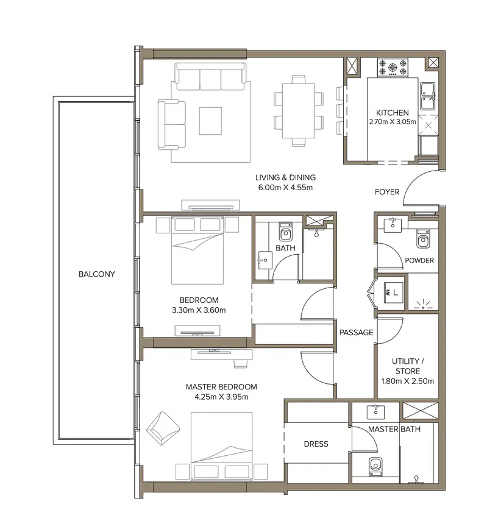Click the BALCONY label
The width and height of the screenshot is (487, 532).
[97, 274]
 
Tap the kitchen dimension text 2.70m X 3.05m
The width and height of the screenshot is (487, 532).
[393, 121]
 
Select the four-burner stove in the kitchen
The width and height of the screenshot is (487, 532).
[393, 67]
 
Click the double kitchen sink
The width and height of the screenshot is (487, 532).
[428, 96]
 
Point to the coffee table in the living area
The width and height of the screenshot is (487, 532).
[210, 121]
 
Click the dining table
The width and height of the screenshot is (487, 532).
[299, 111]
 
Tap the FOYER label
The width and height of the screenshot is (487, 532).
[387, 192]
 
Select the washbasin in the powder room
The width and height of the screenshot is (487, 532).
[393, 225]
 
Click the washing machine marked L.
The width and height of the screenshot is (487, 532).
[394, 293]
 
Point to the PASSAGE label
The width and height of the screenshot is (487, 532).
[357, 333]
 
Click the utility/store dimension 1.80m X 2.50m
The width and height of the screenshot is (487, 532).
[408, 381]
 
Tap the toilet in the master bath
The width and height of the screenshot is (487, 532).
[375, 467]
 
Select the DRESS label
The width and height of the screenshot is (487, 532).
[316, 444]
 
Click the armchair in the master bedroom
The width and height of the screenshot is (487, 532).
[163, 428]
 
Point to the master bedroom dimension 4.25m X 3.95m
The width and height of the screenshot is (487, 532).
[221, 397]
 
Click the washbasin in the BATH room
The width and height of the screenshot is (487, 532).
[265, 260]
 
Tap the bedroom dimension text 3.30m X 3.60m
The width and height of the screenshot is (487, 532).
[199, 310]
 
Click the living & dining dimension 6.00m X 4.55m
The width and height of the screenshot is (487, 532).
[285, 187]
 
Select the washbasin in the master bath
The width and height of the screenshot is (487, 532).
[375, 412]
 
